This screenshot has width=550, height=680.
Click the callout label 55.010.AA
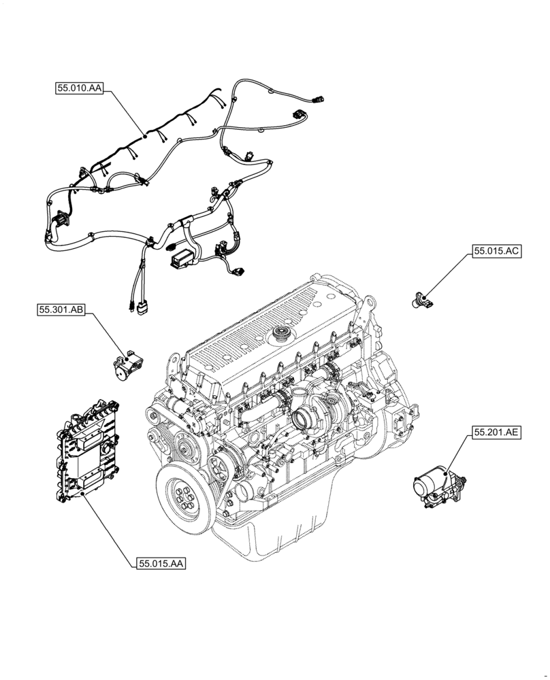[79, 88]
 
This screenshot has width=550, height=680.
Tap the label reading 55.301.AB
[61, 310]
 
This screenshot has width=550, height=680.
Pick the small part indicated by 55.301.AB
[127, 365]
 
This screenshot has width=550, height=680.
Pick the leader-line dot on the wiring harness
[144, 136]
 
